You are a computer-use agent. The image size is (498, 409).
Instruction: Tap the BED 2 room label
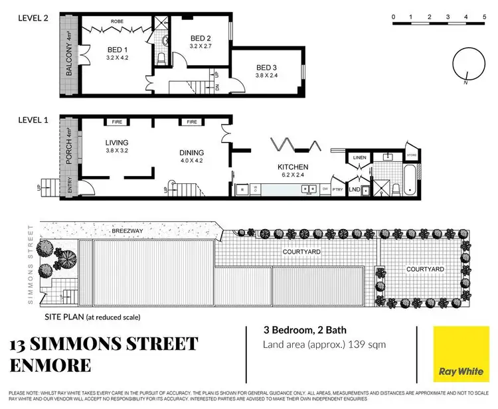click(x=201, y=39)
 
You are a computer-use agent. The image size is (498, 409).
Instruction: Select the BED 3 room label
click(x=266, y=67)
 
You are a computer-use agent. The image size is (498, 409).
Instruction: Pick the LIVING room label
click(x=116, y=143)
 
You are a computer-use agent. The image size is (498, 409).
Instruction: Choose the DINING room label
click(x=192, y=152)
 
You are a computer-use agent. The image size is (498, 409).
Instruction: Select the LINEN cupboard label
click(x=359, y=157)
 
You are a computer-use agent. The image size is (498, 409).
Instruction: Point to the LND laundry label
click(x=354, y=189)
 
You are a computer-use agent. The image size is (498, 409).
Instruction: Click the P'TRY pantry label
click(x=338, y=189)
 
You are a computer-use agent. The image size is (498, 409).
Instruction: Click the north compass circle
click(x=463, y=64)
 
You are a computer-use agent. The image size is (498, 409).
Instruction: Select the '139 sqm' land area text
click(x=364, y=344)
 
